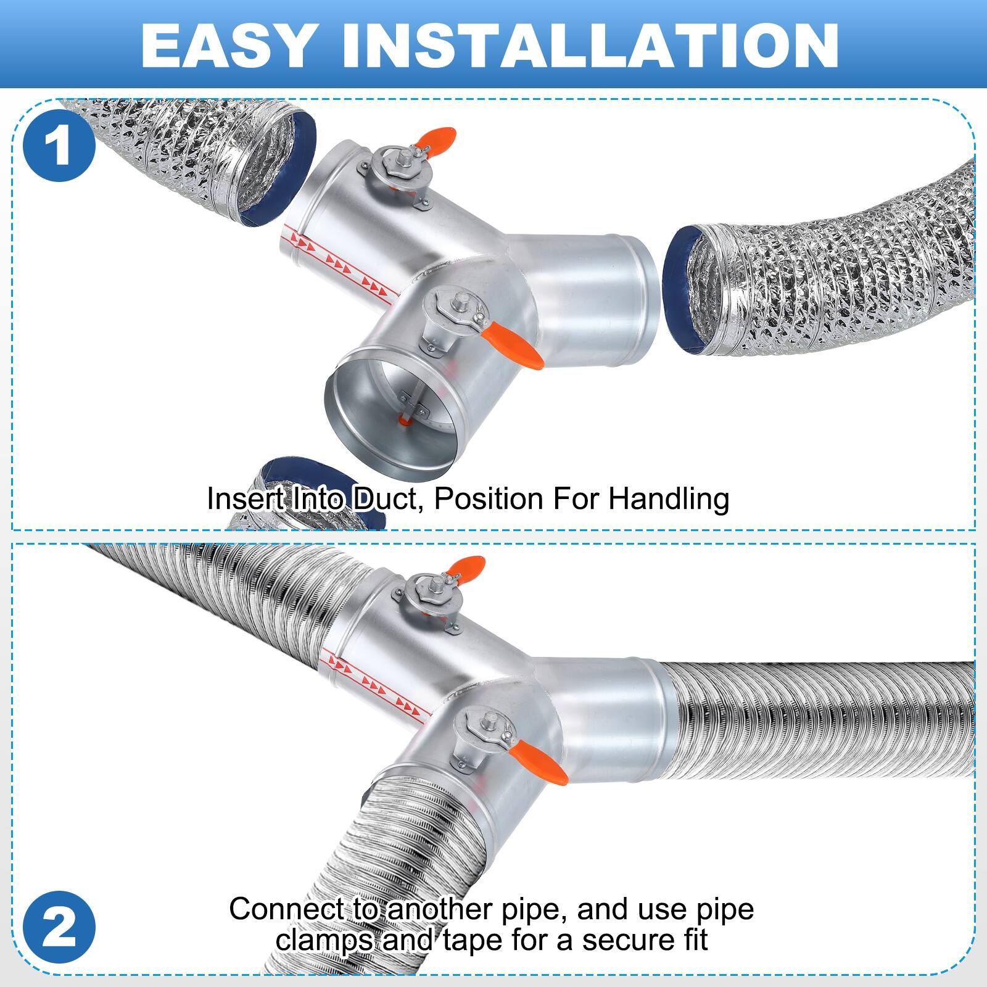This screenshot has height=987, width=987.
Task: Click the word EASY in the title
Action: [x=226, y=46]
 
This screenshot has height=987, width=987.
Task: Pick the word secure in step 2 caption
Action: [x=624, y=940]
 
